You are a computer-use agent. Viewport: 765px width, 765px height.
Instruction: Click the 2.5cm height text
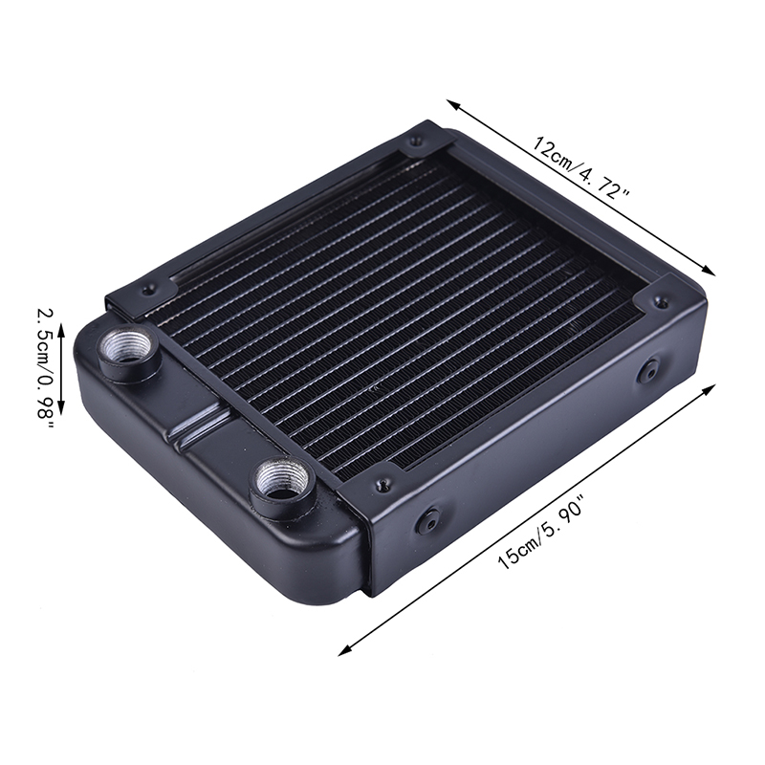(44, 338)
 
